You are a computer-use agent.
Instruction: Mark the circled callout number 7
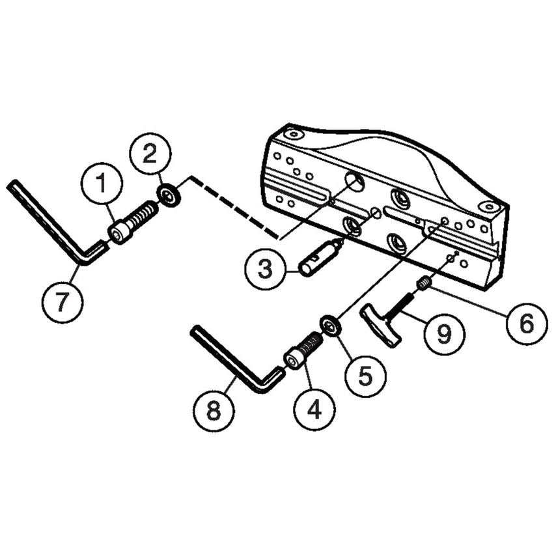[x=63, y=303]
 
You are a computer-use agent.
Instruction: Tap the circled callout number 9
[x=443, y=335]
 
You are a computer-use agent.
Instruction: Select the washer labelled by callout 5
[x=331, y=325]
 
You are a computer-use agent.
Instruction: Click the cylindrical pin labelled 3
[x=320, y=257]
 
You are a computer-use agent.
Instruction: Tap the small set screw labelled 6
[x=424, y=283]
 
